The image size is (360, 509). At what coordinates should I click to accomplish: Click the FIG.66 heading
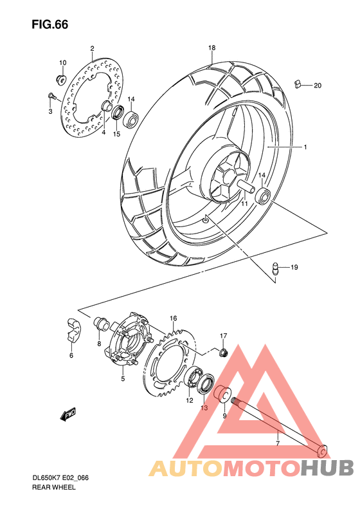pyautogui.click(x=50, y=24)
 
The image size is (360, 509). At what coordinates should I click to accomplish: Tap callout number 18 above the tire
pyautogui.click(x=212, y=48)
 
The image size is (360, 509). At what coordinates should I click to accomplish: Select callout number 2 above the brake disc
pyautogui.click(x=92, y=49)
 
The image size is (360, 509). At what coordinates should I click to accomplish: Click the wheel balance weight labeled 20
pyautogui.click(x=298, y=83)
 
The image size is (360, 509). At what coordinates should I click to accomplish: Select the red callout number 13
pyautogui.click(x=203, y=408)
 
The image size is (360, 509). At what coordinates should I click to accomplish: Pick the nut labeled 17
pyautogui.click(x=223, y=352)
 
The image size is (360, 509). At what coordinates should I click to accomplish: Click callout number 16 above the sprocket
pyautogui.click(x=173, y=319)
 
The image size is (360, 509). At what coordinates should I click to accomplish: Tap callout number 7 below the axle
pyautogui.click(x=277, y=443)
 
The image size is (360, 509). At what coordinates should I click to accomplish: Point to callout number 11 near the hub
pyautogui.click(x=244, y=203)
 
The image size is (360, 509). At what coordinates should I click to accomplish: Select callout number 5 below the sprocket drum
pyautogui.click(x=122, y=379)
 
